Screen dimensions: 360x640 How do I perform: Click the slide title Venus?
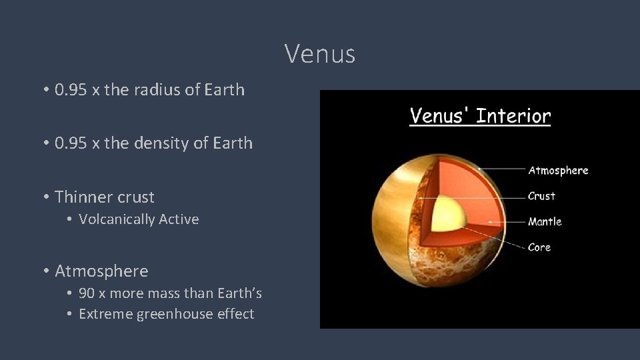(x=320, y=54)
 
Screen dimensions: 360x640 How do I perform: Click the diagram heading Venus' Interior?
(x=480, y=116)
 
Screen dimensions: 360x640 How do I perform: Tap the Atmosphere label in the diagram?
(x=558, y=171)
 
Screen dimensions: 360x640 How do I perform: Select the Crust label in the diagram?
(x=541, y=196)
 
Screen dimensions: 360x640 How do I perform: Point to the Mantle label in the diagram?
(x=545, y=221)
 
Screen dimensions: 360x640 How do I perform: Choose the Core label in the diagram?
(x=539, y=247)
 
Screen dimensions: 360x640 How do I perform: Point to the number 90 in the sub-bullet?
(x=87, y=293)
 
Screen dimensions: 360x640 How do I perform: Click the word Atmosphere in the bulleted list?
(x=101, y=271)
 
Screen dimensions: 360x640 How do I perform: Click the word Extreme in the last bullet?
(x=105, y=314)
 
